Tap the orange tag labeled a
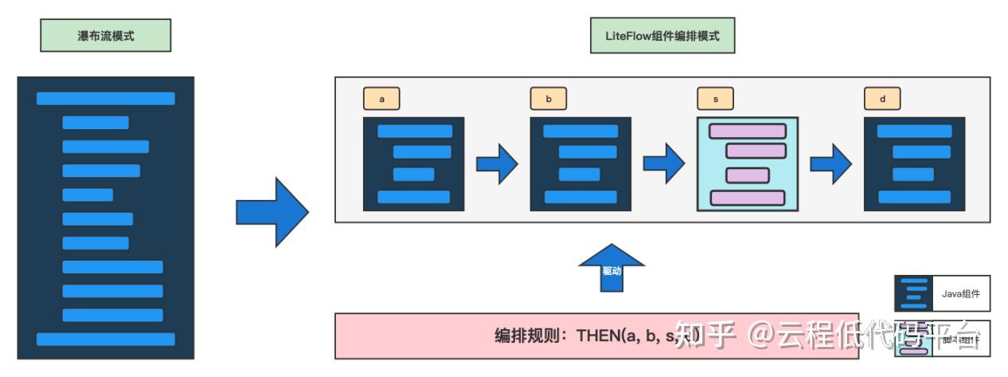click(x=381, y=99)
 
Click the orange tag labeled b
click(x=549, y=99)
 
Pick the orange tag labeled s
click(x=716, y=99)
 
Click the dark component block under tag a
click(x=413, y=164)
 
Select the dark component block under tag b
click(x=580, y=164)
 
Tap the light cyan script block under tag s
click(x=747, y=164)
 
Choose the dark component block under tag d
click(x=914, y=164)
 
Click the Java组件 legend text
click(x=960, y=294)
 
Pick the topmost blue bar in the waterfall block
click(x=105, y=99)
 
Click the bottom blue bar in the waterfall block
click(x=105, y=339)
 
